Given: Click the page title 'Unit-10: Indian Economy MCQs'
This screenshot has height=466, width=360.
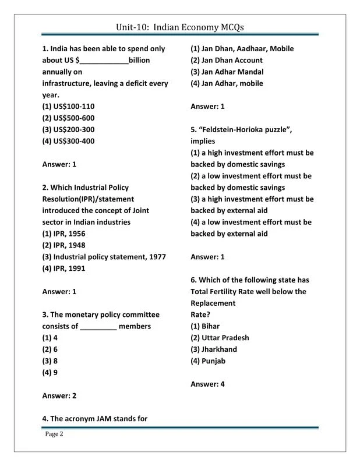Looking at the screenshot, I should (179, 27).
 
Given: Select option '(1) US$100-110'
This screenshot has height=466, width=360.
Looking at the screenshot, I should (68, 107).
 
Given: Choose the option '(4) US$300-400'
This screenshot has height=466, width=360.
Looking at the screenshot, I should (68, 141).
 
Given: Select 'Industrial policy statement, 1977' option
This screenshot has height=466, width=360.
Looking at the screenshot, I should (104, 257).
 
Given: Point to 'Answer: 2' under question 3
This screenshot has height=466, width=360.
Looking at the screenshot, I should (59, 396).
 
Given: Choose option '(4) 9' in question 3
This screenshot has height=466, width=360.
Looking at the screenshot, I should (50, 372).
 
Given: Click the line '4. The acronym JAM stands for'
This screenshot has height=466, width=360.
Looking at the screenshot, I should (94, 418).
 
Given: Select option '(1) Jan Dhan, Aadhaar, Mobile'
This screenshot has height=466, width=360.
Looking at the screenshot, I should (242, 49).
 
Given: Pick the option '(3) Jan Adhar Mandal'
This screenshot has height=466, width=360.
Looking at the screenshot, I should (227, 72).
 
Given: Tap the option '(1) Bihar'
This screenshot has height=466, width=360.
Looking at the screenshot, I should (205, 326).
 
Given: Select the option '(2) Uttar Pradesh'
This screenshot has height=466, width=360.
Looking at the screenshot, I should (220, 338).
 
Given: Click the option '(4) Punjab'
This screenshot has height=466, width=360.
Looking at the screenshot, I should (208, 361).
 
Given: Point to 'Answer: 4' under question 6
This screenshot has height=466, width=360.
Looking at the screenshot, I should (207, 384).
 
